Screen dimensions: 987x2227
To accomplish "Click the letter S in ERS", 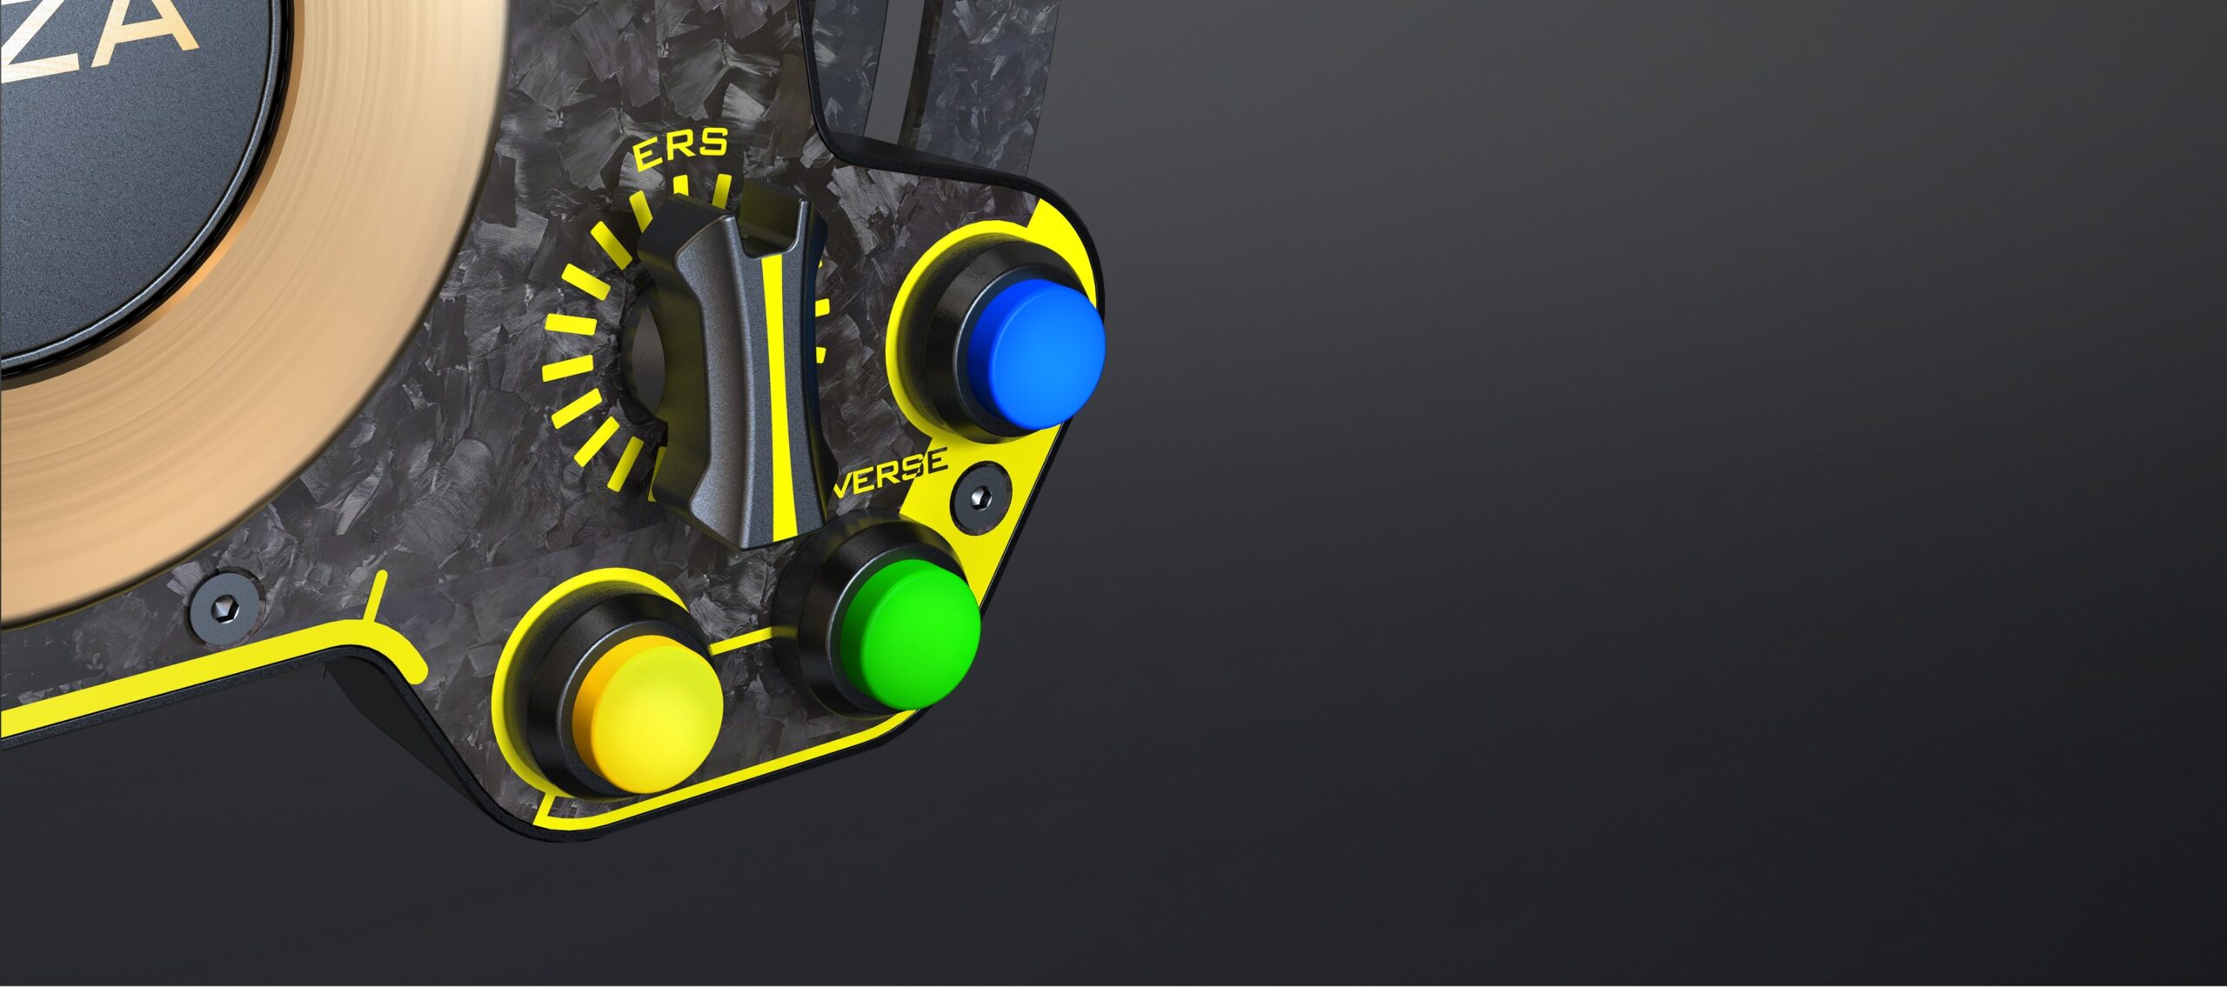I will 711,143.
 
